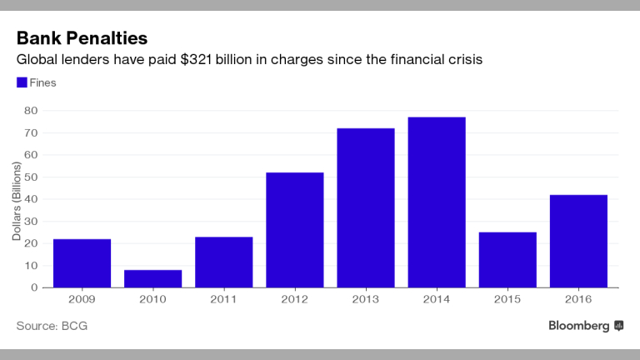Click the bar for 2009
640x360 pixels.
coord(82,263)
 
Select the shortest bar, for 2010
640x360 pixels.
coord(152,278)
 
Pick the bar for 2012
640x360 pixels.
coord(294,230)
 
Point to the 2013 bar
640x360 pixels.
coord(365,207)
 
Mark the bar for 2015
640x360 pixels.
coord(507,260)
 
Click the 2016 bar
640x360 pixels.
coord(578,241)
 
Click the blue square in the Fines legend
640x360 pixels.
coord(21,82)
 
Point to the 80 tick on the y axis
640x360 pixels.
coord(30,110)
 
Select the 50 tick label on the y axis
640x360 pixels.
coord(30,177)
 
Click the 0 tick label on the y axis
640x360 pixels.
coord(33,287)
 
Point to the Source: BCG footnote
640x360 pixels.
coord(52,325)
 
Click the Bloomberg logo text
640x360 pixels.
coord(578,325)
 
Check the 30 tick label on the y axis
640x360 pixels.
coord(30,221)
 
